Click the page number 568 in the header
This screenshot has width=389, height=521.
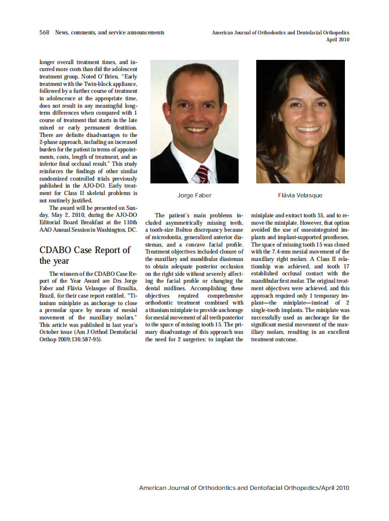(x=45, y=33)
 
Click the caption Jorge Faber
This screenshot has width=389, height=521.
(x=194, y=195)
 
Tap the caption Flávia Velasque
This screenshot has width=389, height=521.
(x=300, y=195)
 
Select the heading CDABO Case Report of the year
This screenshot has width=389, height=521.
(x=85, y=255)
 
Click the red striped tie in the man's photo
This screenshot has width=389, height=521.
(x=203, y=174)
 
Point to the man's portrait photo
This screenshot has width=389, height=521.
(x=194, y=121)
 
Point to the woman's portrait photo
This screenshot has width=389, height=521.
(x=300, y=121)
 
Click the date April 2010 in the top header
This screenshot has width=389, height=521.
(x=337, y=40)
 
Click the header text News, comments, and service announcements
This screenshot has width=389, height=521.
(x=110, y=33)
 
